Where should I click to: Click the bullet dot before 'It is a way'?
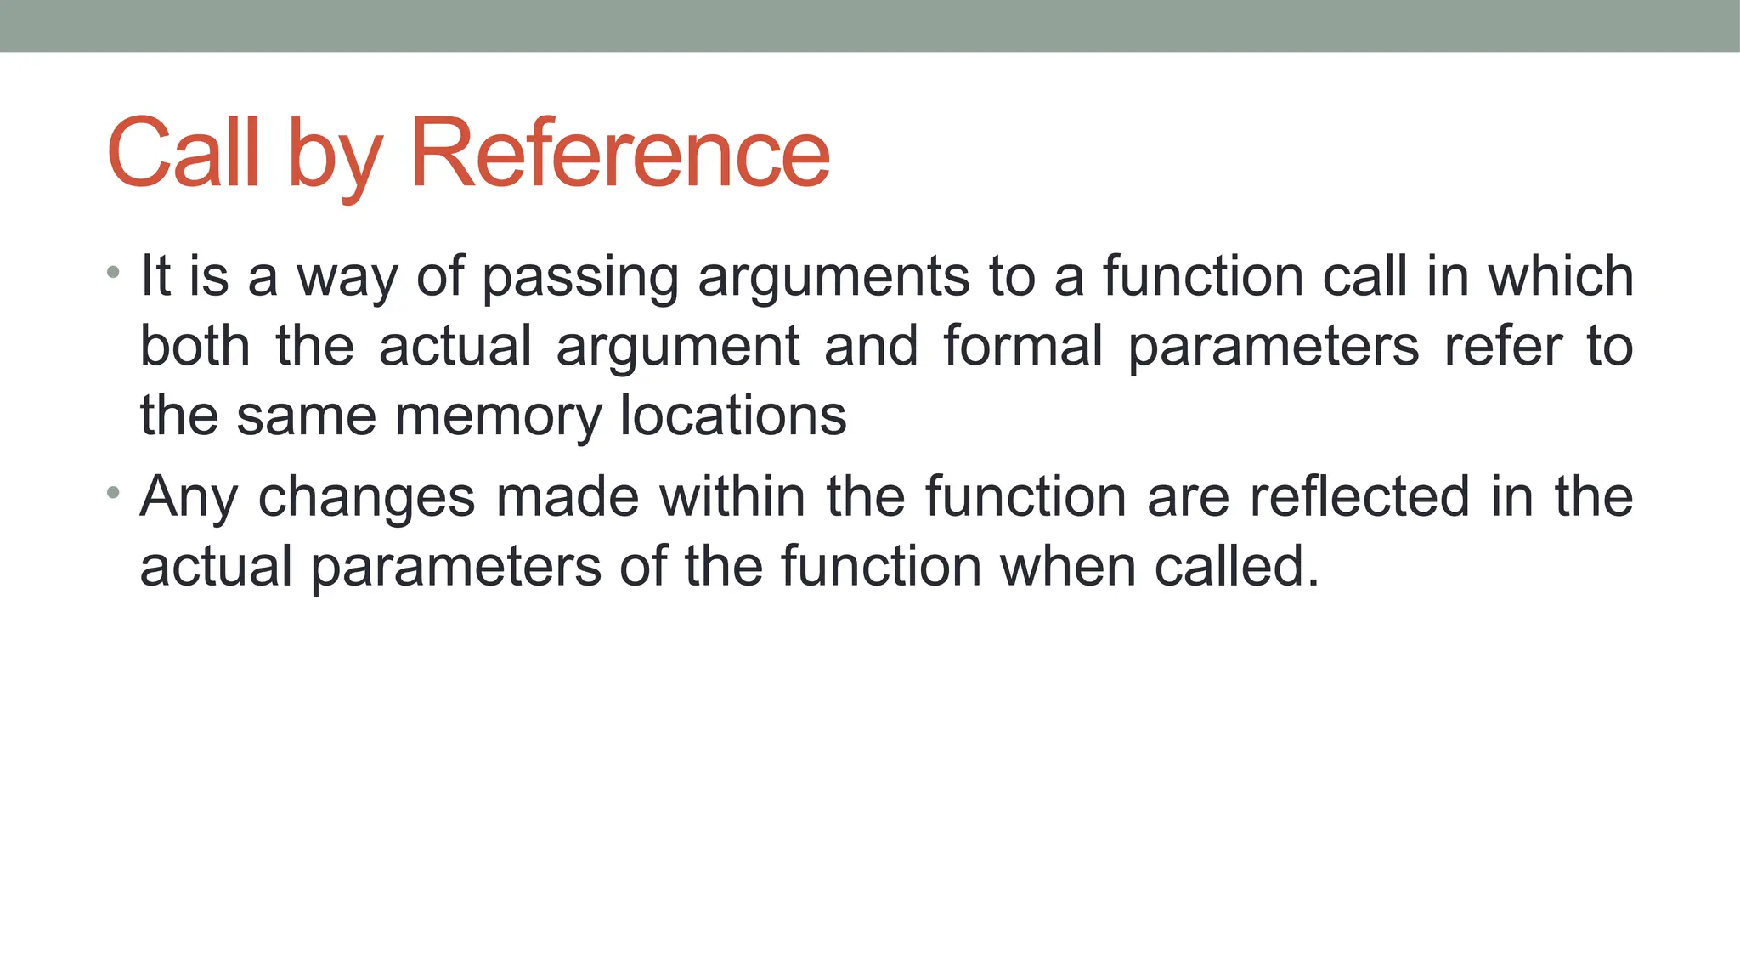click(113, 273)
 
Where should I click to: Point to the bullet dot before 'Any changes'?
click(113, 492)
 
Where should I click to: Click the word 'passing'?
click(580, 279)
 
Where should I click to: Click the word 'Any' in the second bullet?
click(189, 498)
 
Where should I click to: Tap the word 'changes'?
click(366, 498)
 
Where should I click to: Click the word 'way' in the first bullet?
click(347, 279)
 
